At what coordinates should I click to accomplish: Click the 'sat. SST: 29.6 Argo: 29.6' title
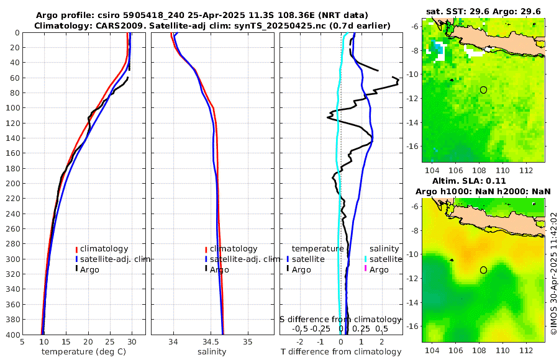[484, 11]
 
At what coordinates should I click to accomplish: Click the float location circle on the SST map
[483, 90]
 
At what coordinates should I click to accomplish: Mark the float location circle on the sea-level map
[483, 270]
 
